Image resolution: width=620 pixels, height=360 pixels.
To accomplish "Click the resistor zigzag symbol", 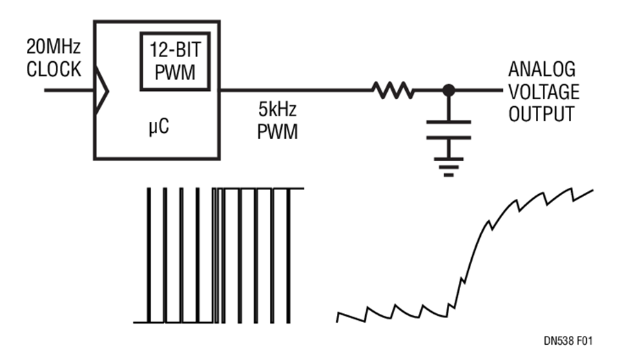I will [392, 90].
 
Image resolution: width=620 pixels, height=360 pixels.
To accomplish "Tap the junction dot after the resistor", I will [448, 90].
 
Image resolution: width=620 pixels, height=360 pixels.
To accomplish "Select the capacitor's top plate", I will [448, 122].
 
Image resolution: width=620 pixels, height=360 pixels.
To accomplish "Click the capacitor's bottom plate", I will [448, 138].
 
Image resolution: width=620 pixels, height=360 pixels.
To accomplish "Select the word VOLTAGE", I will [544, 92].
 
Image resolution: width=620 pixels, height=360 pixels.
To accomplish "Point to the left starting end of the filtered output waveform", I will [338, 319].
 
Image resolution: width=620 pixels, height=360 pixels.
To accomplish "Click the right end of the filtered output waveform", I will [593, 191].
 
